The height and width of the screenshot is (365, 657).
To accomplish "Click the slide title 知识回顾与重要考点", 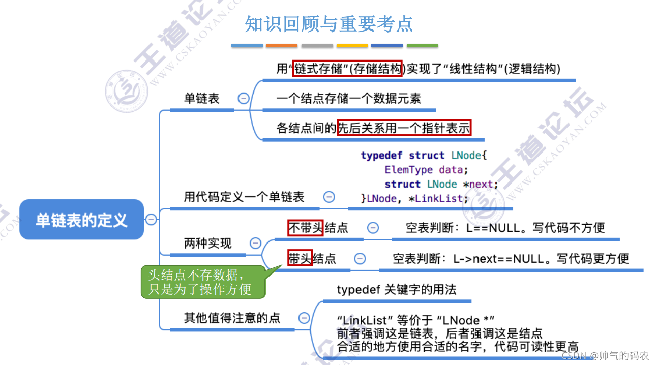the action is (x=328, y=24).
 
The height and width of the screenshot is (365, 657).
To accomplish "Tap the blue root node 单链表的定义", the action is (x=81, y=220).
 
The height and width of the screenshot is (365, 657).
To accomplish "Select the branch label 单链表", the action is (x=201, y=99).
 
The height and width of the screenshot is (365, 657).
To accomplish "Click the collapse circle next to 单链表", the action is (x=244, y=98).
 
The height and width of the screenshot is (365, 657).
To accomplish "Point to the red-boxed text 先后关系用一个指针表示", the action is (x=404, y=128).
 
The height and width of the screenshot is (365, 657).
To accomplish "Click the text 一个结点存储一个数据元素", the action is (x=348, y=98).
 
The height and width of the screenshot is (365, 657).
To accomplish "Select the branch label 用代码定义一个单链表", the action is (x=244, y=197).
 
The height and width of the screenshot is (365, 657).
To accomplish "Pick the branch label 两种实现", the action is (x=207, y=244).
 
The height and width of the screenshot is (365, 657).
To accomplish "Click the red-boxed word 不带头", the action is (x=306, y=228).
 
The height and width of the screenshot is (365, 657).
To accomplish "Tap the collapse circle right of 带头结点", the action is (x=360, y=259).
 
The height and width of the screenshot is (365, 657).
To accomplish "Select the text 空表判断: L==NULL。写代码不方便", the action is (x=505, y=228).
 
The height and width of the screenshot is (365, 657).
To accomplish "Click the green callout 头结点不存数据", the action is (x=203, y=282).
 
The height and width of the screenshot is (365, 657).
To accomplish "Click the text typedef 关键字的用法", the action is (x=397, y=290).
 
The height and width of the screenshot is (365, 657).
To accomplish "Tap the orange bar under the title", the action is (x=281, y=46).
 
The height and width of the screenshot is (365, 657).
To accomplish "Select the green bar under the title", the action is (x=422, y=46).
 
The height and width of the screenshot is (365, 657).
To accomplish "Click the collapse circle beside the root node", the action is (x=151, y=220).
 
